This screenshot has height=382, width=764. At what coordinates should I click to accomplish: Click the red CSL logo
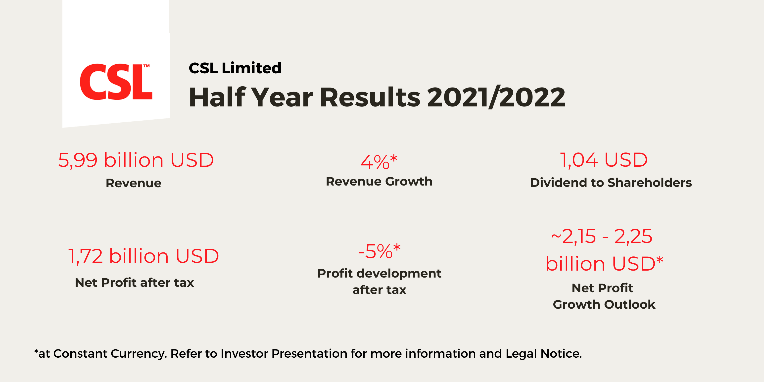(x=116, y=82)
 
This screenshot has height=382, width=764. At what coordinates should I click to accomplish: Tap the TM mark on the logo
(x=146, y=66)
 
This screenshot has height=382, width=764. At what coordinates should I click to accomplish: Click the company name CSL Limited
(x=235, y=68)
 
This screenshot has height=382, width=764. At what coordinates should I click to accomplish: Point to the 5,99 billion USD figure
(x=136, y=160)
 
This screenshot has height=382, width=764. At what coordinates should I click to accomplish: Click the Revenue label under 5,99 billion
(x=134, y=183)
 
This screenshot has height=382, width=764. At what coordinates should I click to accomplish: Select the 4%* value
(x=379, y=162)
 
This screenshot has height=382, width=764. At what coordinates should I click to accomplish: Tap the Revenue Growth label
(x=379, y=181)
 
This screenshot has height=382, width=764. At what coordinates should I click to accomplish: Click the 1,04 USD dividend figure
(x=604, y=160)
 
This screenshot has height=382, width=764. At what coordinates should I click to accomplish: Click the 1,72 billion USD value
(x=143, y=256)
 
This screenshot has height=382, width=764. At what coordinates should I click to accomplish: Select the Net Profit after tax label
(x=134, y=282)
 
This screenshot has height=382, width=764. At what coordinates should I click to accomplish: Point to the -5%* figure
(x=379, y=251)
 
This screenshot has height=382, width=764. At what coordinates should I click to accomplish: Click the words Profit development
(x=379, y=273)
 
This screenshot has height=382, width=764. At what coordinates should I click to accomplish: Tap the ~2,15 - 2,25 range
(x=602, y=236)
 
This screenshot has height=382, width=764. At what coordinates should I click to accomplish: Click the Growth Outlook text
(x=604, y=304)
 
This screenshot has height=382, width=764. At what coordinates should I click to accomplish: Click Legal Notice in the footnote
(x=543, y=354)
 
